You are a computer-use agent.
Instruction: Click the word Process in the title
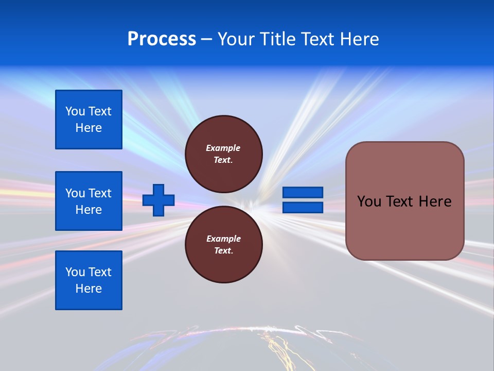pos(162,39)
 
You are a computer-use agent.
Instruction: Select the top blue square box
pos(89,120)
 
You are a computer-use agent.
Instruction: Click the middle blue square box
pos(89,201)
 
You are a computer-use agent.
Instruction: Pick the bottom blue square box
pos(89,280)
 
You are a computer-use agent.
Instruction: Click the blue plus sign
pos(158,200)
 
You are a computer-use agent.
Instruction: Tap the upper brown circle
pos(224,154)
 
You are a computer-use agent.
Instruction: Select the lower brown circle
pos(224,245)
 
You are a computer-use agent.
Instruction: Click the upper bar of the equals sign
pos(303,192)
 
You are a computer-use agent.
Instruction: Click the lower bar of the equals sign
pos(303,207)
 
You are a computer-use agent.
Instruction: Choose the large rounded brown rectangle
pos(404,200)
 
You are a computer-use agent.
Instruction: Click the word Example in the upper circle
pos(223,148)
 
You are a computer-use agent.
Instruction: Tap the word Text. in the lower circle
pos(223,251)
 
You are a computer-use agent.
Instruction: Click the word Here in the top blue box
pos(89,128)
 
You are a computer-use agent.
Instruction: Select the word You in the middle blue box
pos(75,193)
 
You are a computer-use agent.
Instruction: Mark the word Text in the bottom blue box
pos(100,272)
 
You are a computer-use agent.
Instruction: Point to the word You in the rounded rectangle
pos(369,201)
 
